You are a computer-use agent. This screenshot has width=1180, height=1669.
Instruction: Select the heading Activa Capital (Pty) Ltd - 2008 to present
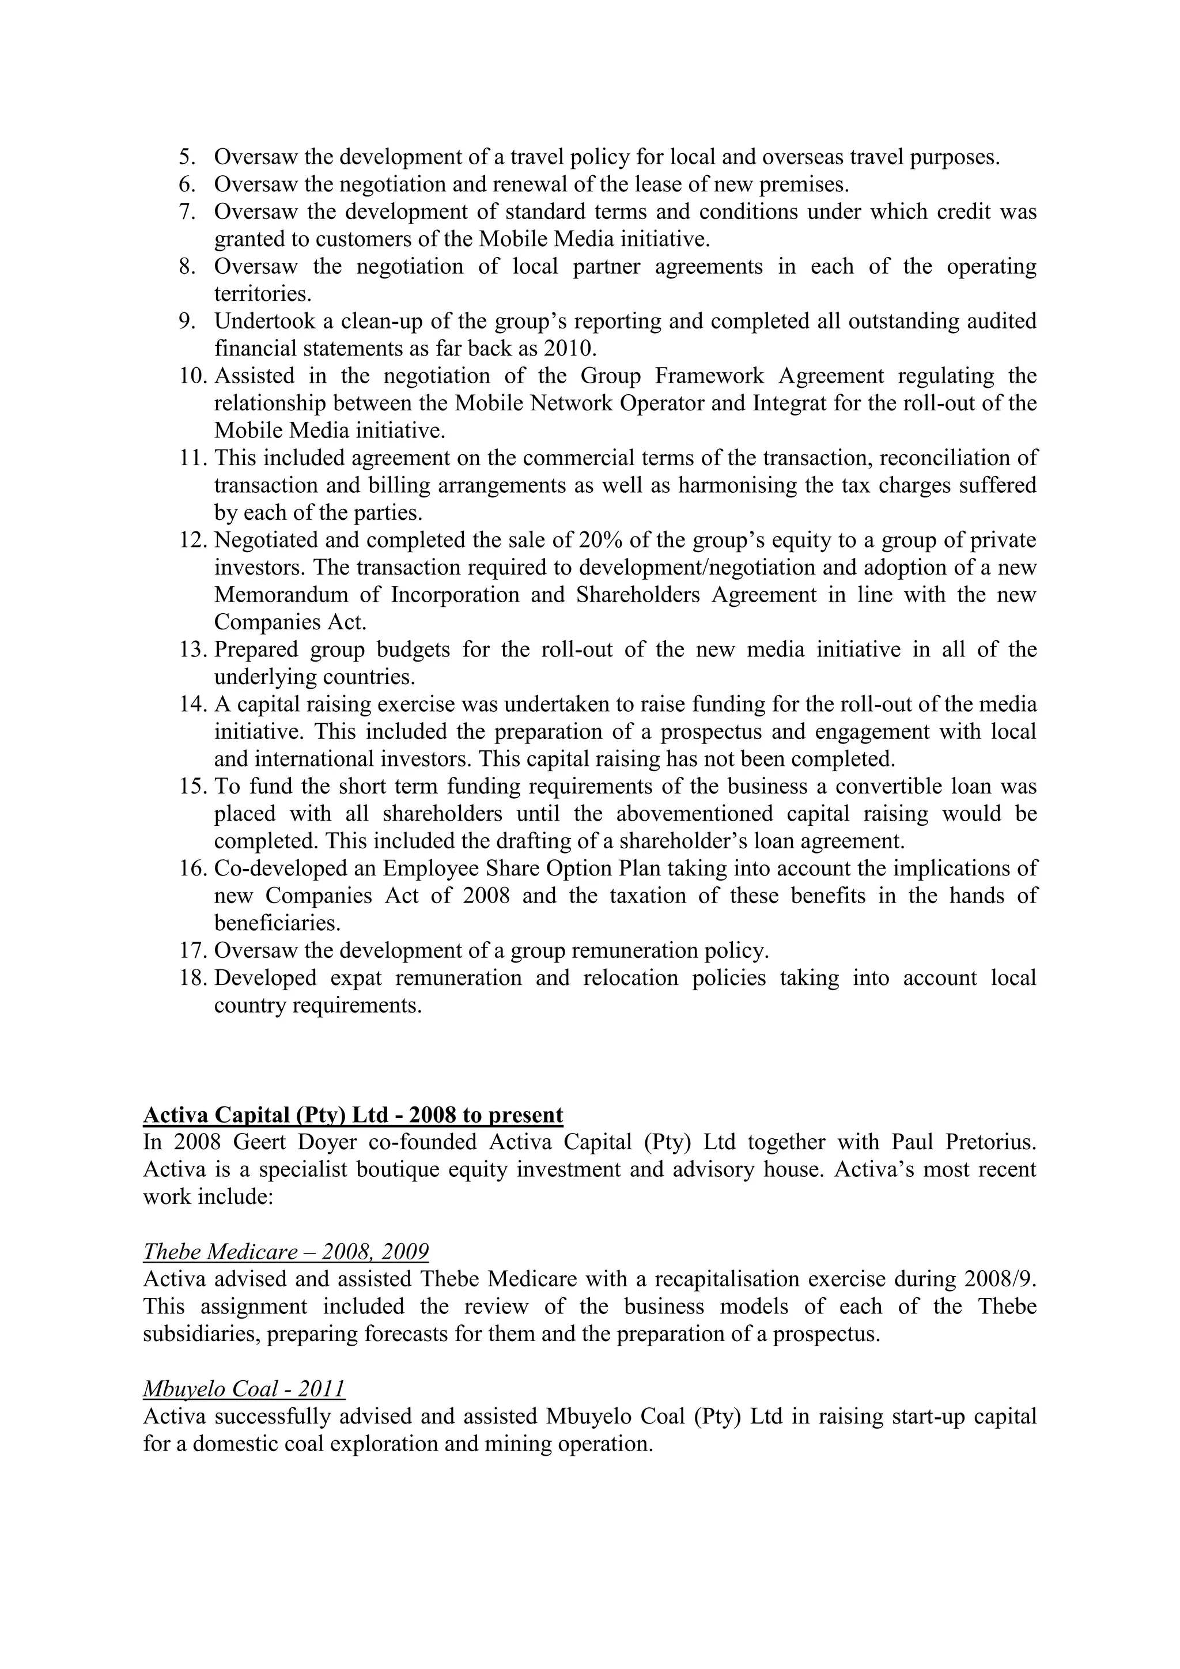(x=353, y=1115)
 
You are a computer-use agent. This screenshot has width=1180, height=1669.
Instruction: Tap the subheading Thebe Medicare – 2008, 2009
(x=286, y=1252)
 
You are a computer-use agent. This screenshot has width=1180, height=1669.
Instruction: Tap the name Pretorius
(x=990, y=1143)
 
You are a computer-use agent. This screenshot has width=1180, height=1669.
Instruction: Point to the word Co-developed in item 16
(x=275, y=869)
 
